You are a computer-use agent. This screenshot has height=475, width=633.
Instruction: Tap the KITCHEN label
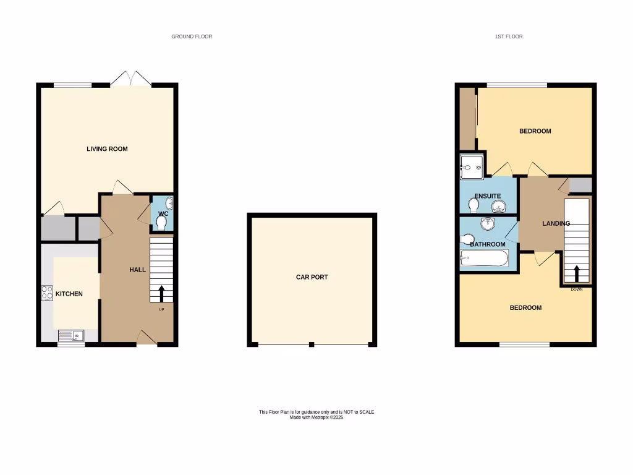tap(69, 294)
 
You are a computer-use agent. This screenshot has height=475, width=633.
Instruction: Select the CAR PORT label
tap(312, 277)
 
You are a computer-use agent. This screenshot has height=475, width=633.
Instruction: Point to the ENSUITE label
tap(487, 196)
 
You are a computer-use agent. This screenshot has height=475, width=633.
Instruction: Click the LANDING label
tap(556, 223)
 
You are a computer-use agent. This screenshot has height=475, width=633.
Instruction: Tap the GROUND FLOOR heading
tap(192, 36)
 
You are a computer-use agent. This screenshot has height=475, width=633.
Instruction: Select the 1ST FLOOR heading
tap(509, 36)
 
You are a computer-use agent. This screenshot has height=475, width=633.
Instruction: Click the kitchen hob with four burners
tap(47, 293)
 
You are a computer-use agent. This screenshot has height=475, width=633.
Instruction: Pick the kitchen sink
tap(71, 336)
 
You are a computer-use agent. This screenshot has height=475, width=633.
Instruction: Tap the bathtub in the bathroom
tap(484, 259)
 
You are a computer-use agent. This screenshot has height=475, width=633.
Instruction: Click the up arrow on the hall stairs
tap(162, 293)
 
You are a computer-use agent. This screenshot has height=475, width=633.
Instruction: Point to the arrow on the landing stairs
tap(577, 273)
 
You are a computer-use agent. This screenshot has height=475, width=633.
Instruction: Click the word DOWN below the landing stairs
tap(577, 289)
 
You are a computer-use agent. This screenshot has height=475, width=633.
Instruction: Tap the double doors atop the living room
tap(131, 78)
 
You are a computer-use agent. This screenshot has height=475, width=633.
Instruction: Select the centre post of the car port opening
tap(312, 344)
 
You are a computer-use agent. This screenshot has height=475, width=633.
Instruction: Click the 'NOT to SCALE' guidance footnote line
tap(316, 412)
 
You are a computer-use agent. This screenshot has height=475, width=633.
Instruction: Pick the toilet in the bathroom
tap(467, 239)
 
